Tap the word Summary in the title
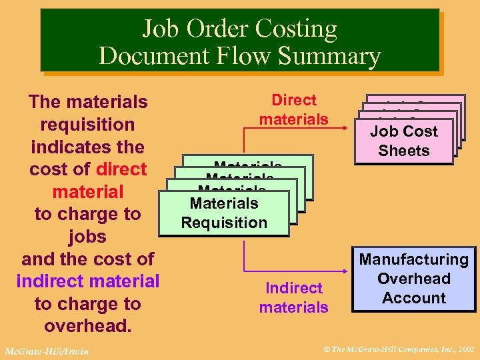(x=331, y=55)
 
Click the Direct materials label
(x=294, y=110)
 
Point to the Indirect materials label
(x=294, y=297)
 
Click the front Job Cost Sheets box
(x=404, y=141)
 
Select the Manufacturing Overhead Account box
(x=414, y=279)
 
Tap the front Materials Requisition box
(x=224, y=213)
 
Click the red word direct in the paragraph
(x=121, y=169)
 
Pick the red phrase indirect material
(x=88, y=281)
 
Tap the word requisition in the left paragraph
(x=87, y=125)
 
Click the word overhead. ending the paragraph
(x=87, y=326)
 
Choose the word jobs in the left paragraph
(x=87, y=237)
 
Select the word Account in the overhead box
(x=414, y=298)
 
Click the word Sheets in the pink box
(x=404, y=151)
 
